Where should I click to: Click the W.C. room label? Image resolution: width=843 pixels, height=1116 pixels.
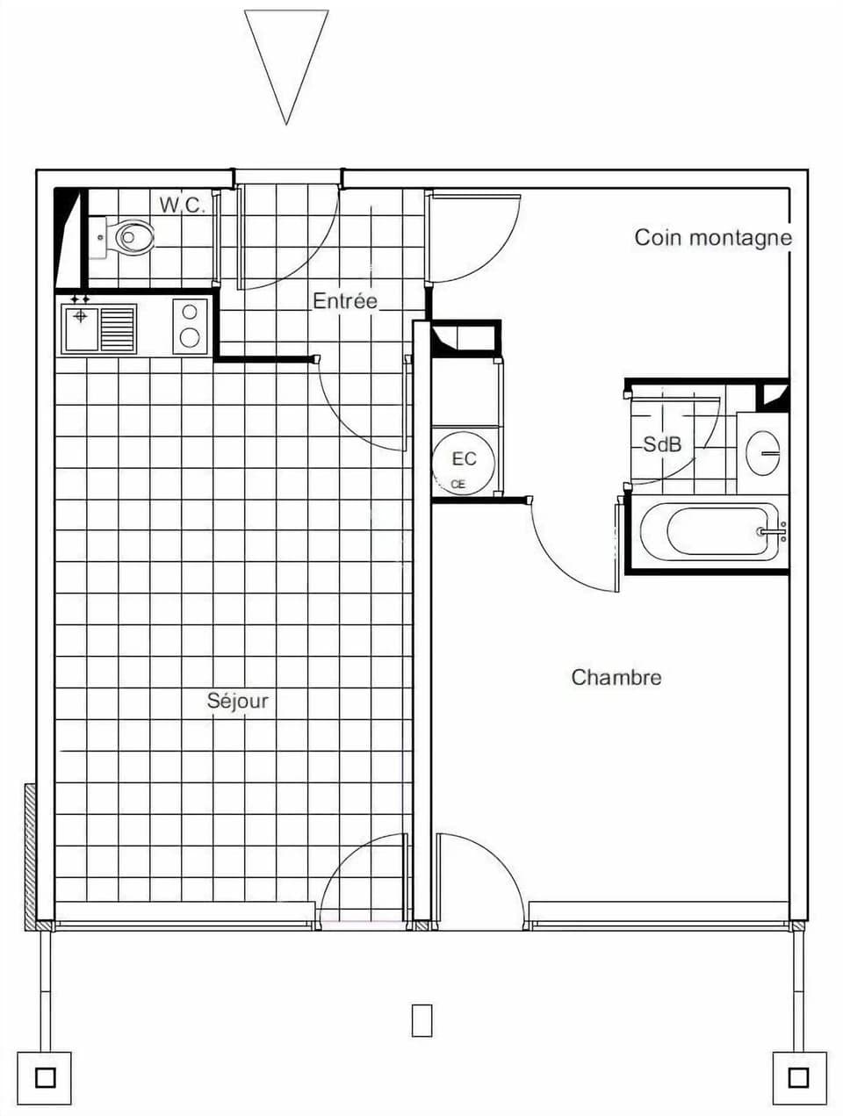point(182,205)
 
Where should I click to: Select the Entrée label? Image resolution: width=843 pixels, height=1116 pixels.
point(345,301)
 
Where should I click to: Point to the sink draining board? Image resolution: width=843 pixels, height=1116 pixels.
point(118,328)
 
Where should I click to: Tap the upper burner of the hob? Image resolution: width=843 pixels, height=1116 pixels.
point(189,311)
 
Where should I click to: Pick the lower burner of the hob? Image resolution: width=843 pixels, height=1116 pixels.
point(189,337)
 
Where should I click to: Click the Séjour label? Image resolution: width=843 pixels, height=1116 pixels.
point(237,701)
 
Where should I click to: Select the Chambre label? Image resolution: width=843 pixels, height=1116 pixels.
point(616,677)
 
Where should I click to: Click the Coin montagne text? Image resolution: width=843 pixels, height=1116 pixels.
point(713,237)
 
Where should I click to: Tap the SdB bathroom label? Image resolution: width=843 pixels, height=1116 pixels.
point(662,444)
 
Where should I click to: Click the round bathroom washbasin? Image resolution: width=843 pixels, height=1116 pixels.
point(761,453)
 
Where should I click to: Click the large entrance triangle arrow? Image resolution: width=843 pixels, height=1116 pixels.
point(286,57)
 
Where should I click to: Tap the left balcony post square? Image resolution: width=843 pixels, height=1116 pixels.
point(45,1076)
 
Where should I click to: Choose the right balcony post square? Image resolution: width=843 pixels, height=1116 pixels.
point(797,1076)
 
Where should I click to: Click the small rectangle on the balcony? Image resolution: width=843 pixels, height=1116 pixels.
point(422,1019)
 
